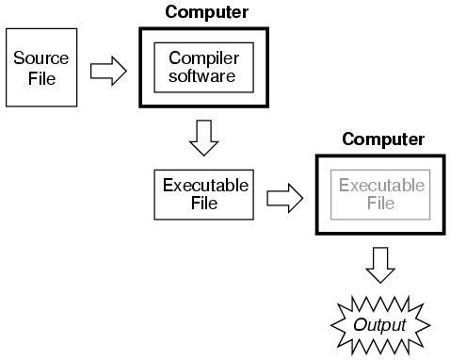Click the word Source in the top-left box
pyautogui.click(x=35, y=57)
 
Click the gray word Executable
pyautogui.click(x=381, y=185)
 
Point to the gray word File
pyautogui.click(x=381, y=202)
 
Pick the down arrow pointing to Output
pyautogui.click(x=380, y=266)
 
